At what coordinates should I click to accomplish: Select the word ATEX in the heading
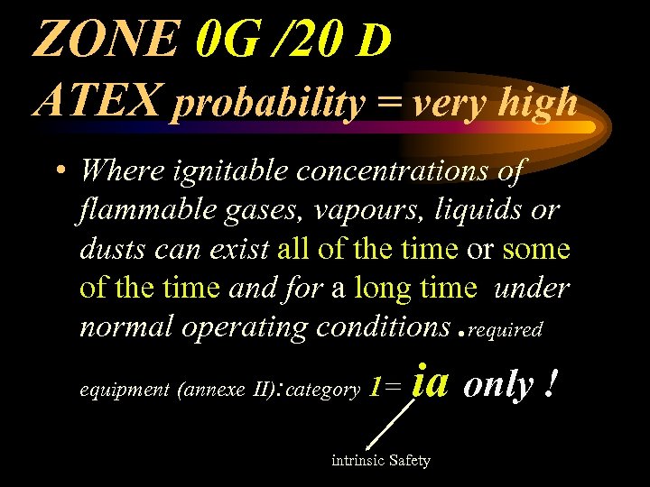coord(97,101)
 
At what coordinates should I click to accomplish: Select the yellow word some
coord(537,248)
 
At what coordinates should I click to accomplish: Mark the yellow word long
coord(385,288)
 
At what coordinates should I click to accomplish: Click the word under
coord(534,288)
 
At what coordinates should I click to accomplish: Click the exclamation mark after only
coord(549,384)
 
